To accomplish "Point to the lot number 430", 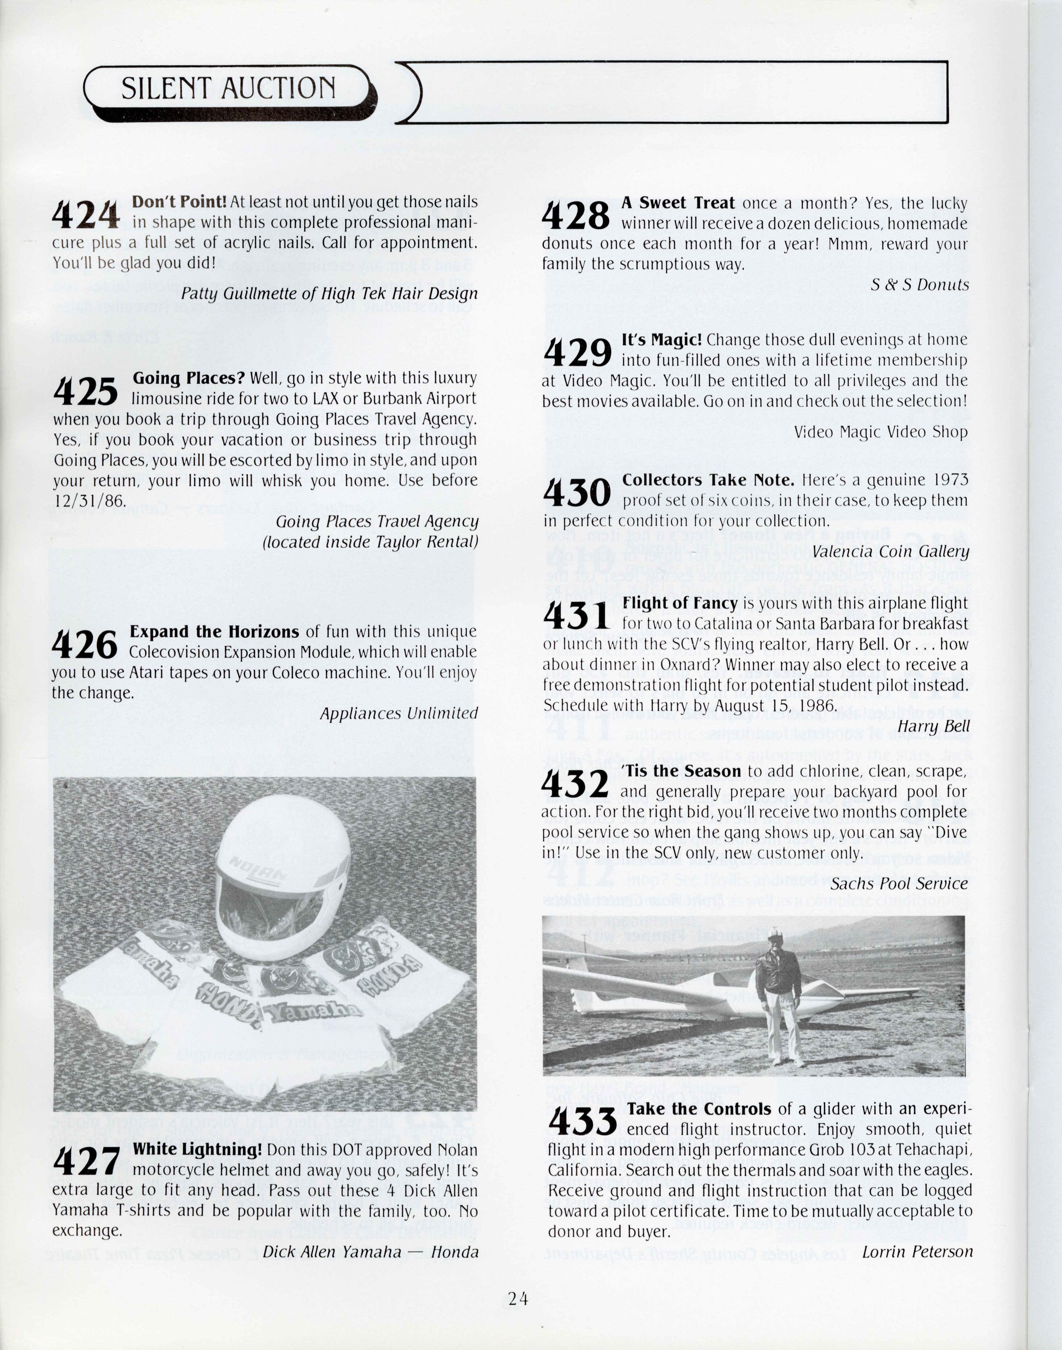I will (x=577, y=493).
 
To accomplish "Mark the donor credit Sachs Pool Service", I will (x=899, y=884).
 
